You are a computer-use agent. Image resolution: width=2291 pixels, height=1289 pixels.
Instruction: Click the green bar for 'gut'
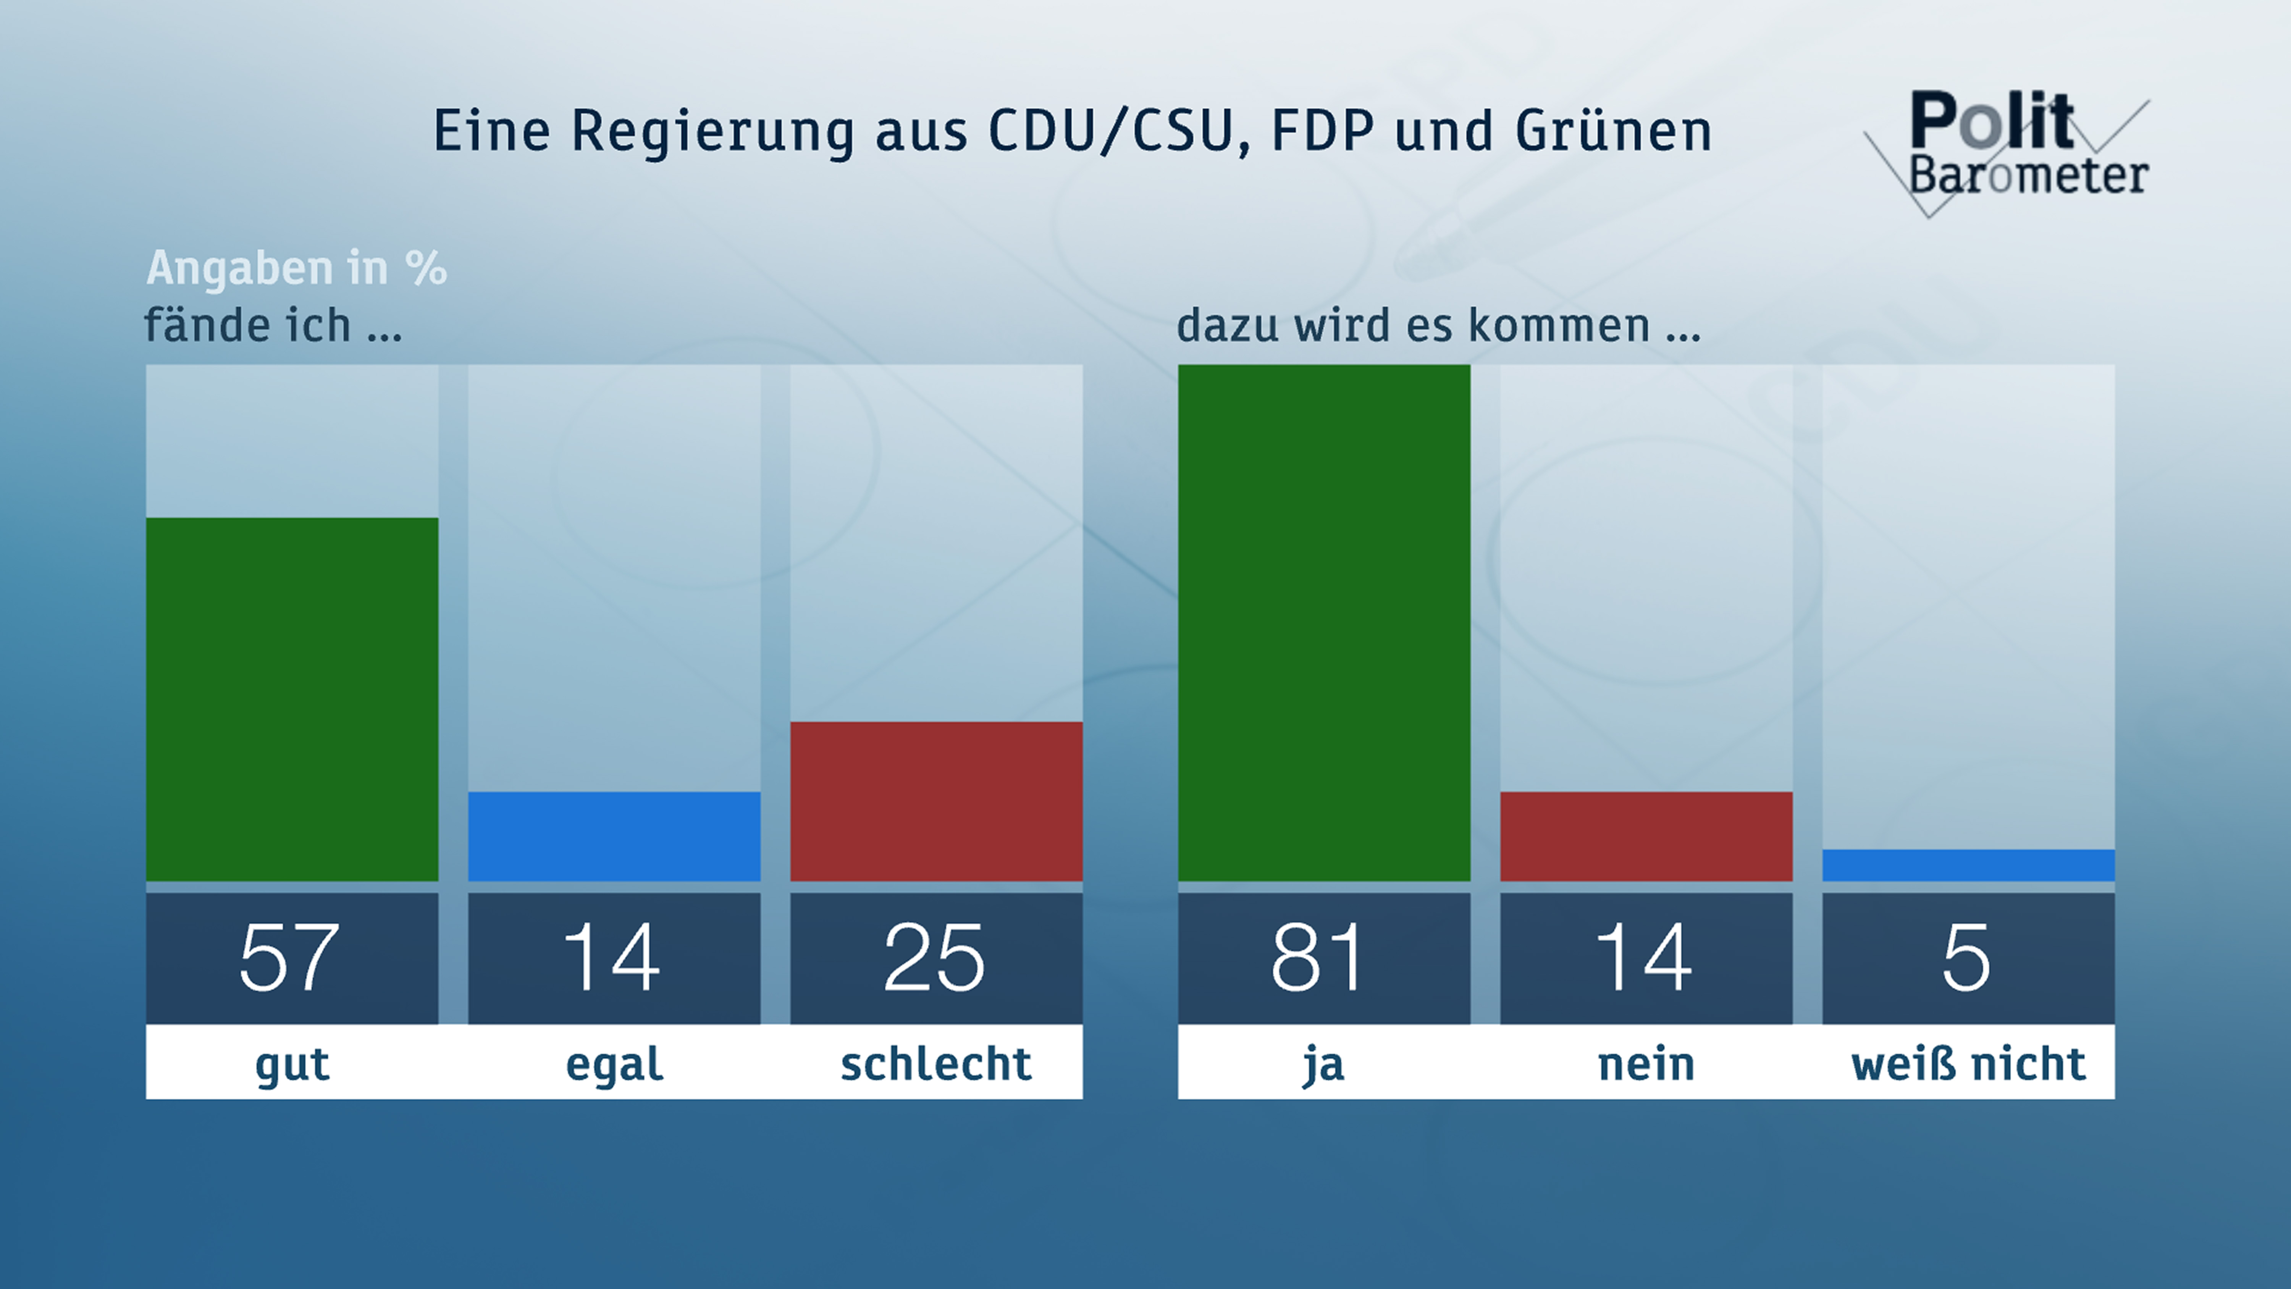[292, 699]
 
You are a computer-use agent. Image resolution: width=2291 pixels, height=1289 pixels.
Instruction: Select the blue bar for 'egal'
[614, 836]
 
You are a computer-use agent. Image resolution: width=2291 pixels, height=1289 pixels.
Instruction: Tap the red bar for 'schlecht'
[935, 801]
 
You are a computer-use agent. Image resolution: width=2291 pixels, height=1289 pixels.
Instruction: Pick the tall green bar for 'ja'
[1323, 623]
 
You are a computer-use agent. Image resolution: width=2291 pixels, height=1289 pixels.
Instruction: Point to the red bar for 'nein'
[1645, 836]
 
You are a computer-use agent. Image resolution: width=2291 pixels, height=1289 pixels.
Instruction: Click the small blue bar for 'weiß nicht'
[1967, 865]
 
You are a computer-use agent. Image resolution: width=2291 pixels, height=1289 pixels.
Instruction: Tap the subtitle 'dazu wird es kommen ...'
[1438, 325]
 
